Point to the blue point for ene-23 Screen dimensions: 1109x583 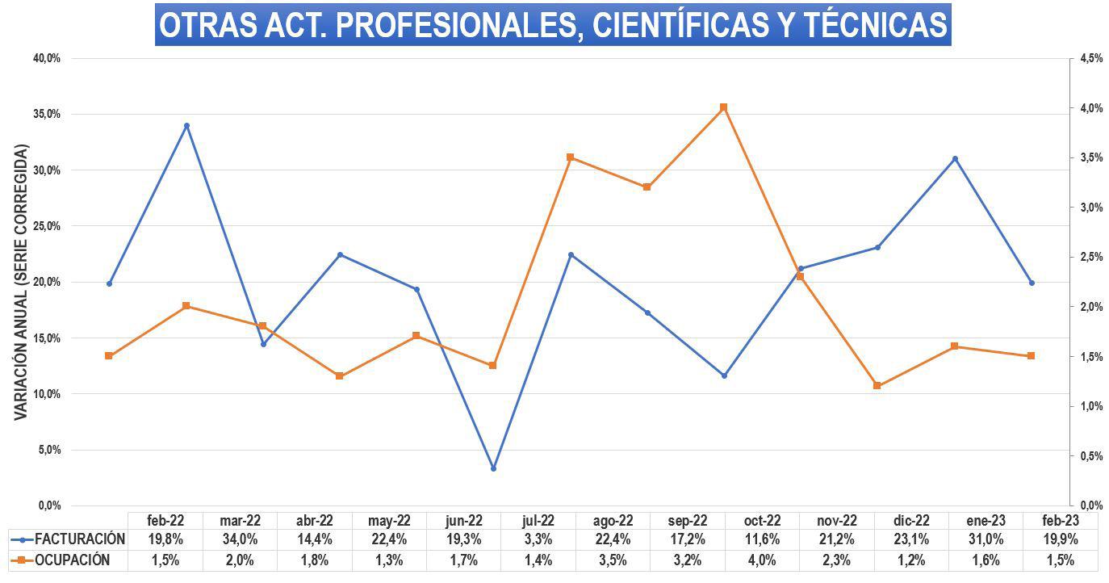pyautogui.click(x=955, y=159)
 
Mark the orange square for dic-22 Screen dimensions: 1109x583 pyautogui.click(x=877, y=385)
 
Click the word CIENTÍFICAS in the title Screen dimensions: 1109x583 pyautogui.click(x=680, y=25)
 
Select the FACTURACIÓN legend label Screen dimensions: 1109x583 pyautogui.click(x=80, y=539)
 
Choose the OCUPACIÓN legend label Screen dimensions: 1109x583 pyautogui.click(x=73, y=560)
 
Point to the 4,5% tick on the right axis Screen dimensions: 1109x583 pyautogui.click(x=1089, y=58)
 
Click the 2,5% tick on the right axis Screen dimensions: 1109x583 pyautogui.click(x=1089, y=257)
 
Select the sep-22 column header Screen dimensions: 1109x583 pyautogui.click(x=688, y=521)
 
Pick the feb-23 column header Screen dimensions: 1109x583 pyautogui.click(x=1061, y=521)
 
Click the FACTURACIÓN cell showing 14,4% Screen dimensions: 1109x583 pyautogui.click(x=315, y=539)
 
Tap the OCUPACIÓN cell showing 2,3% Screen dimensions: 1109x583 pyautogui.click(x=837, y=560)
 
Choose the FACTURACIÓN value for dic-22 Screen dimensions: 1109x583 pyautogui.click(x=911, y=539)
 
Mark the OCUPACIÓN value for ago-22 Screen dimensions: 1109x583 pyautogui.click(x=613, y=560)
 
